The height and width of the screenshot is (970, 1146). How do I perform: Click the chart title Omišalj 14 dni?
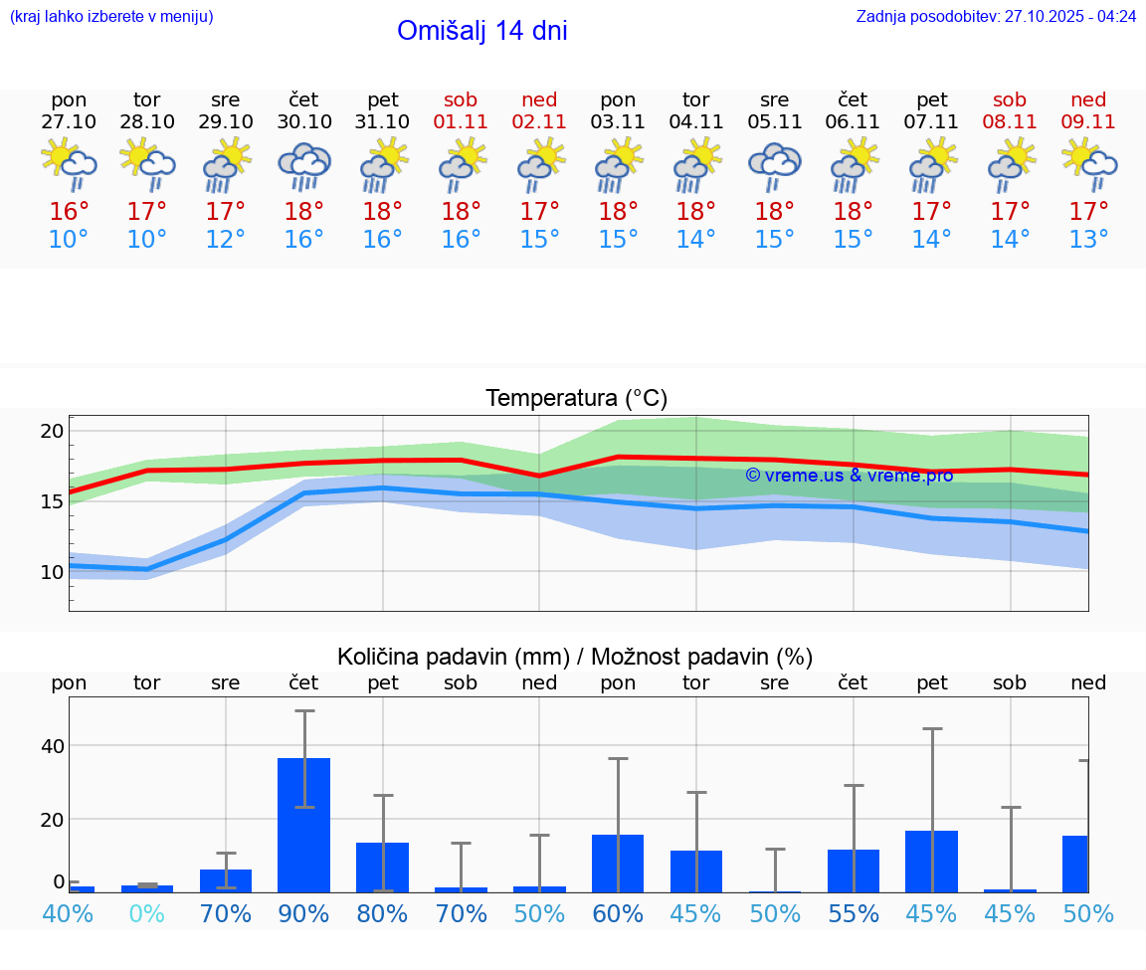481,31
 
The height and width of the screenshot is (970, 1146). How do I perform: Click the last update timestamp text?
996,17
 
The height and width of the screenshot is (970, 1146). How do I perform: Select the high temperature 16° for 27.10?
69,212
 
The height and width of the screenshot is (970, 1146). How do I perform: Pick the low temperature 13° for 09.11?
1088,240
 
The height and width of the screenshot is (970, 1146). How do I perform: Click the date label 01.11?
461,121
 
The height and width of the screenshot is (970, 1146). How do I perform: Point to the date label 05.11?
774,121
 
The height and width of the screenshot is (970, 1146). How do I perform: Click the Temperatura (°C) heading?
576,399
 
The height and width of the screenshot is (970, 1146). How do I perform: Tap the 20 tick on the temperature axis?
52,431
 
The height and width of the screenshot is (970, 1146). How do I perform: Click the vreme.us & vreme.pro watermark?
849,476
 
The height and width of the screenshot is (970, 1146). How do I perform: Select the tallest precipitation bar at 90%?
304,825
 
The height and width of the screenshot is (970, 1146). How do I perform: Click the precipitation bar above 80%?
383,867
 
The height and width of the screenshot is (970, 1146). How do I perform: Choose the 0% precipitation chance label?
147,913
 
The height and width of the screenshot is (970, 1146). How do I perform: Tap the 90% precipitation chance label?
304,913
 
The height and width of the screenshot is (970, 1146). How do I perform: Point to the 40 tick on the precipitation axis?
52,746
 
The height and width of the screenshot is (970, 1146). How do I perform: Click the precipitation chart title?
575,657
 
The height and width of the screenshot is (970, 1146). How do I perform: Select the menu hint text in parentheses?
111,17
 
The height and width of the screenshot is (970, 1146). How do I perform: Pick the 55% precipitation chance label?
854,913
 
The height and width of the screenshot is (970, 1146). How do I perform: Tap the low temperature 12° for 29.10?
226,240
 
